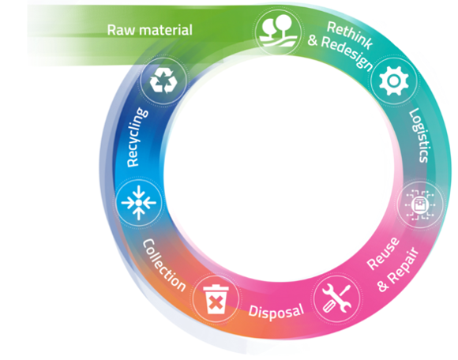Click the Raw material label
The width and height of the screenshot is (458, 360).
coord(149,30)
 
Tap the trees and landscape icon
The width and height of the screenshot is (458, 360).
coord(279,31)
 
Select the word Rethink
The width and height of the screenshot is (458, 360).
coord(350,36)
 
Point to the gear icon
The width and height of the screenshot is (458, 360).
coord(394,81)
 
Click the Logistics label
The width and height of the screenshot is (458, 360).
coord(419,135)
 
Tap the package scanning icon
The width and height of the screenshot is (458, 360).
coord(420,204)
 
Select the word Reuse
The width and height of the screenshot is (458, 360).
coord(383,253)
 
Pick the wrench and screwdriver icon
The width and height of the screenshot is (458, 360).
coord(336,298)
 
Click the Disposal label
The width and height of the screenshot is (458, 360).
coord(276,311)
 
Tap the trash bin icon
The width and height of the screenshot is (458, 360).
coord(216,299)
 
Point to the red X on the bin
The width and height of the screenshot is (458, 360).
coord(216,302)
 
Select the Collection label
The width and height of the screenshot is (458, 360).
coord(164,265)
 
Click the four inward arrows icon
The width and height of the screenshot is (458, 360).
coord(139,202)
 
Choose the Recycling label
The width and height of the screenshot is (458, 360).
coord(137,137)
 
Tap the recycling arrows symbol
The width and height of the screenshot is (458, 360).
coord(163,81)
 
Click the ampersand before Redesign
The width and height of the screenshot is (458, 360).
coord(313,40)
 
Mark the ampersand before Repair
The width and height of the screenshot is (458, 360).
coord(382,285)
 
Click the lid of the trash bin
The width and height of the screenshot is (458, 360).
coord(216,287)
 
